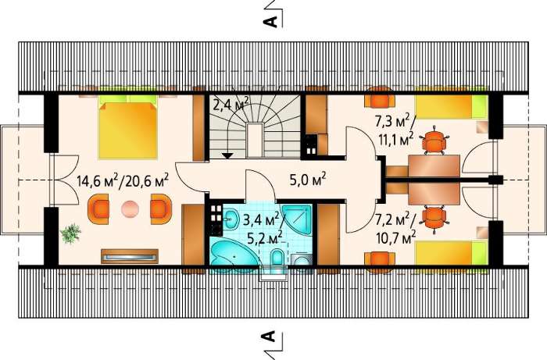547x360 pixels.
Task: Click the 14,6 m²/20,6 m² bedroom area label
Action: (123, 181)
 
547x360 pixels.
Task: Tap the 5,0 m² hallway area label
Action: (308, 180)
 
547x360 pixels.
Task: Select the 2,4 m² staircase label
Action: (231, 104)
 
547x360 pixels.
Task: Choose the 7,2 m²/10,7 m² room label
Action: (395, 228)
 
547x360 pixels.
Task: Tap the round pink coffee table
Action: (130, 209)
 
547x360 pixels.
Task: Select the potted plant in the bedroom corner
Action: (70, 233)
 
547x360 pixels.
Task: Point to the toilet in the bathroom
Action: (277, 257)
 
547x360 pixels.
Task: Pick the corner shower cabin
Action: (297, 219)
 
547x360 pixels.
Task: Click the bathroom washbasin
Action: (231, 219)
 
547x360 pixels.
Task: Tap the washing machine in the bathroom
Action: (301, 260)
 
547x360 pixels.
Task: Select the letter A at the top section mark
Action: (270, 22)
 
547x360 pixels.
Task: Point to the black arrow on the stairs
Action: (227, 155)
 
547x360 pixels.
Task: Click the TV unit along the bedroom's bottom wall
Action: (130, 256)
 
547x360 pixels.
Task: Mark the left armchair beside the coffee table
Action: (98, 209)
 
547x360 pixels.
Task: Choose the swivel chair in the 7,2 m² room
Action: (433, 217)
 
